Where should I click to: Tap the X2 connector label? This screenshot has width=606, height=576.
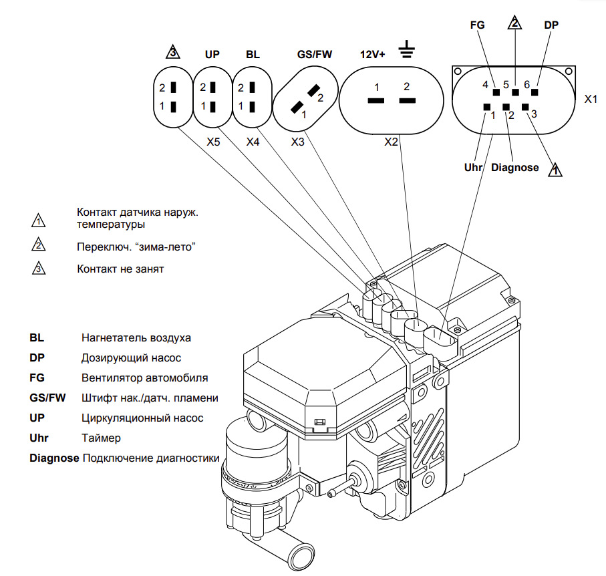(x=391, y=142)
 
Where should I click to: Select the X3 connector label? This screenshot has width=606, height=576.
(x=298, y=142)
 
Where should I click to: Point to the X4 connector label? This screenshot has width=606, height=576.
(x=253, y=142)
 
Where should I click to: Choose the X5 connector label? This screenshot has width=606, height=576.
(x=213, y=142)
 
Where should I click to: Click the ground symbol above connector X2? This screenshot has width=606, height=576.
(x=405, y=50)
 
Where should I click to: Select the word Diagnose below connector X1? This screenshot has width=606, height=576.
(x=514, y=168)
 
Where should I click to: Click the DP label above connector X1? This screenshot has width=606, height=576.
(x=551, y=25)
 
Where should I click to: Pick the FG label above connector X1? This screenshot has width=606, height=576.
(x=478, y=25)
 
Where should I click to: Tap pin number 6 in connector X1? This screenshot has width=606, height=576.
(x=526, y=85)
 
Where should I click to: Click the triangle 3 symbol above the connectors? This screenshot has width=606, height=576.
(x=172, y=52)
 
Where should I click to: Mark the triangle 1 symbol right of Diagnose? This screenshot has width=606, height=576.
(x=555, y=170)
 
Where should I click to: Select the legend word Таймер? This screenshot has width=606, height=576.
(x=101, y=438)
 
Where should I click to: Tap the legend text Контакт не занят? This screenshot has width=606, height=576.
(x=120, y=269)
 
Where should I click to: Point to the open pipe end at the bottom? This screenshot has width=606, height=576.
(x=299, y=557)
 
